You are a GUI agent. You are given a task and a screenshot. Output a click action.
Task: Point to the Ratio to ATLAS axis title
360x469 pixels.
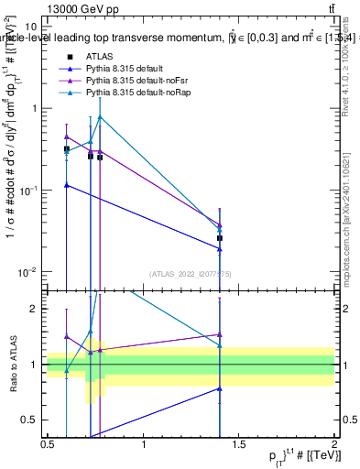[x=13, y=365]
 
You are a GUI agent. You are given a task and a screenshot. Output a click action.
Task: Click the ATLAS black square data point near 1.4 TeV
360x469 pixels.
[x=220, y=238]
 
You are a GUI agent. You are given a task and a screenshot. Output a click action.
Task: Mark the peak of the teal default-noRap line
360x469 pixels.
[x=100, y=116]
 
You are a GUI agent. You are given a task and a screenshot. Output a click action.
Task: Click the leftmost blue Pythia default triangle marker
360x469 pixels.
[x=66, y=185]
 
